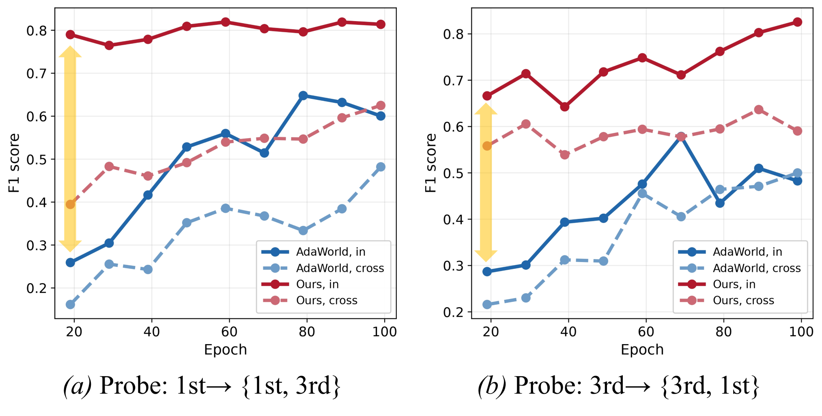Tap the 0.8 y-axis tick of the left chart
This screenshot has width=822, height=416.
36,30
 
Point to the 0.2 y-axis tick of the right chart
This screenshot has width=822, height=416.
453,312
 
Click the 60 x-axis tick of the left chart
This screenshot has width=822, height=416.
229,332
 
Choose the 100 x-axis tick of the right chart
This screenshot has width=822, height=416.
801,332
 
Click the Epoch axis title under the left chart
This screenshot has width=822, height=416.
225,350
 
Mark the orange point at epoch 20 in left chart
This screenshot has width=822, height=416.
71,204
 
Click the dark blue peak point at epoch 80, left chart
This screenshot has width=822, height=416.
303,95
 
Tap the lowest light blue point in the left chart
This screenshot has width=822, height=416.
71,304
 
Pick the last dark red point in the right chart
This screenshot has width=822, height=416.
797,22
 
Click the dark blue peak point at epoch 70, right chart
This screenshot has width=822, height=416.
681,136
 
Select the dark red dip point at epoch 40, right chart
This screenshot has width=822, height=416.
564,107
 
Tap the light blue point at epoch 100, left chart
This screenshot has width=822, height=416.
381,167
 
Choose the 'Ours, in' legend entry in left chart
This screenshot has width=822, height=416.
317,284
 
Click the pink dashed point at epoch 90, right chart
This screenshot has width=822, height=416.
759,110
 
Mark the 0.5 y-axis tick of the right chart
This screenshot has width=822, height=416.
453,173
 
